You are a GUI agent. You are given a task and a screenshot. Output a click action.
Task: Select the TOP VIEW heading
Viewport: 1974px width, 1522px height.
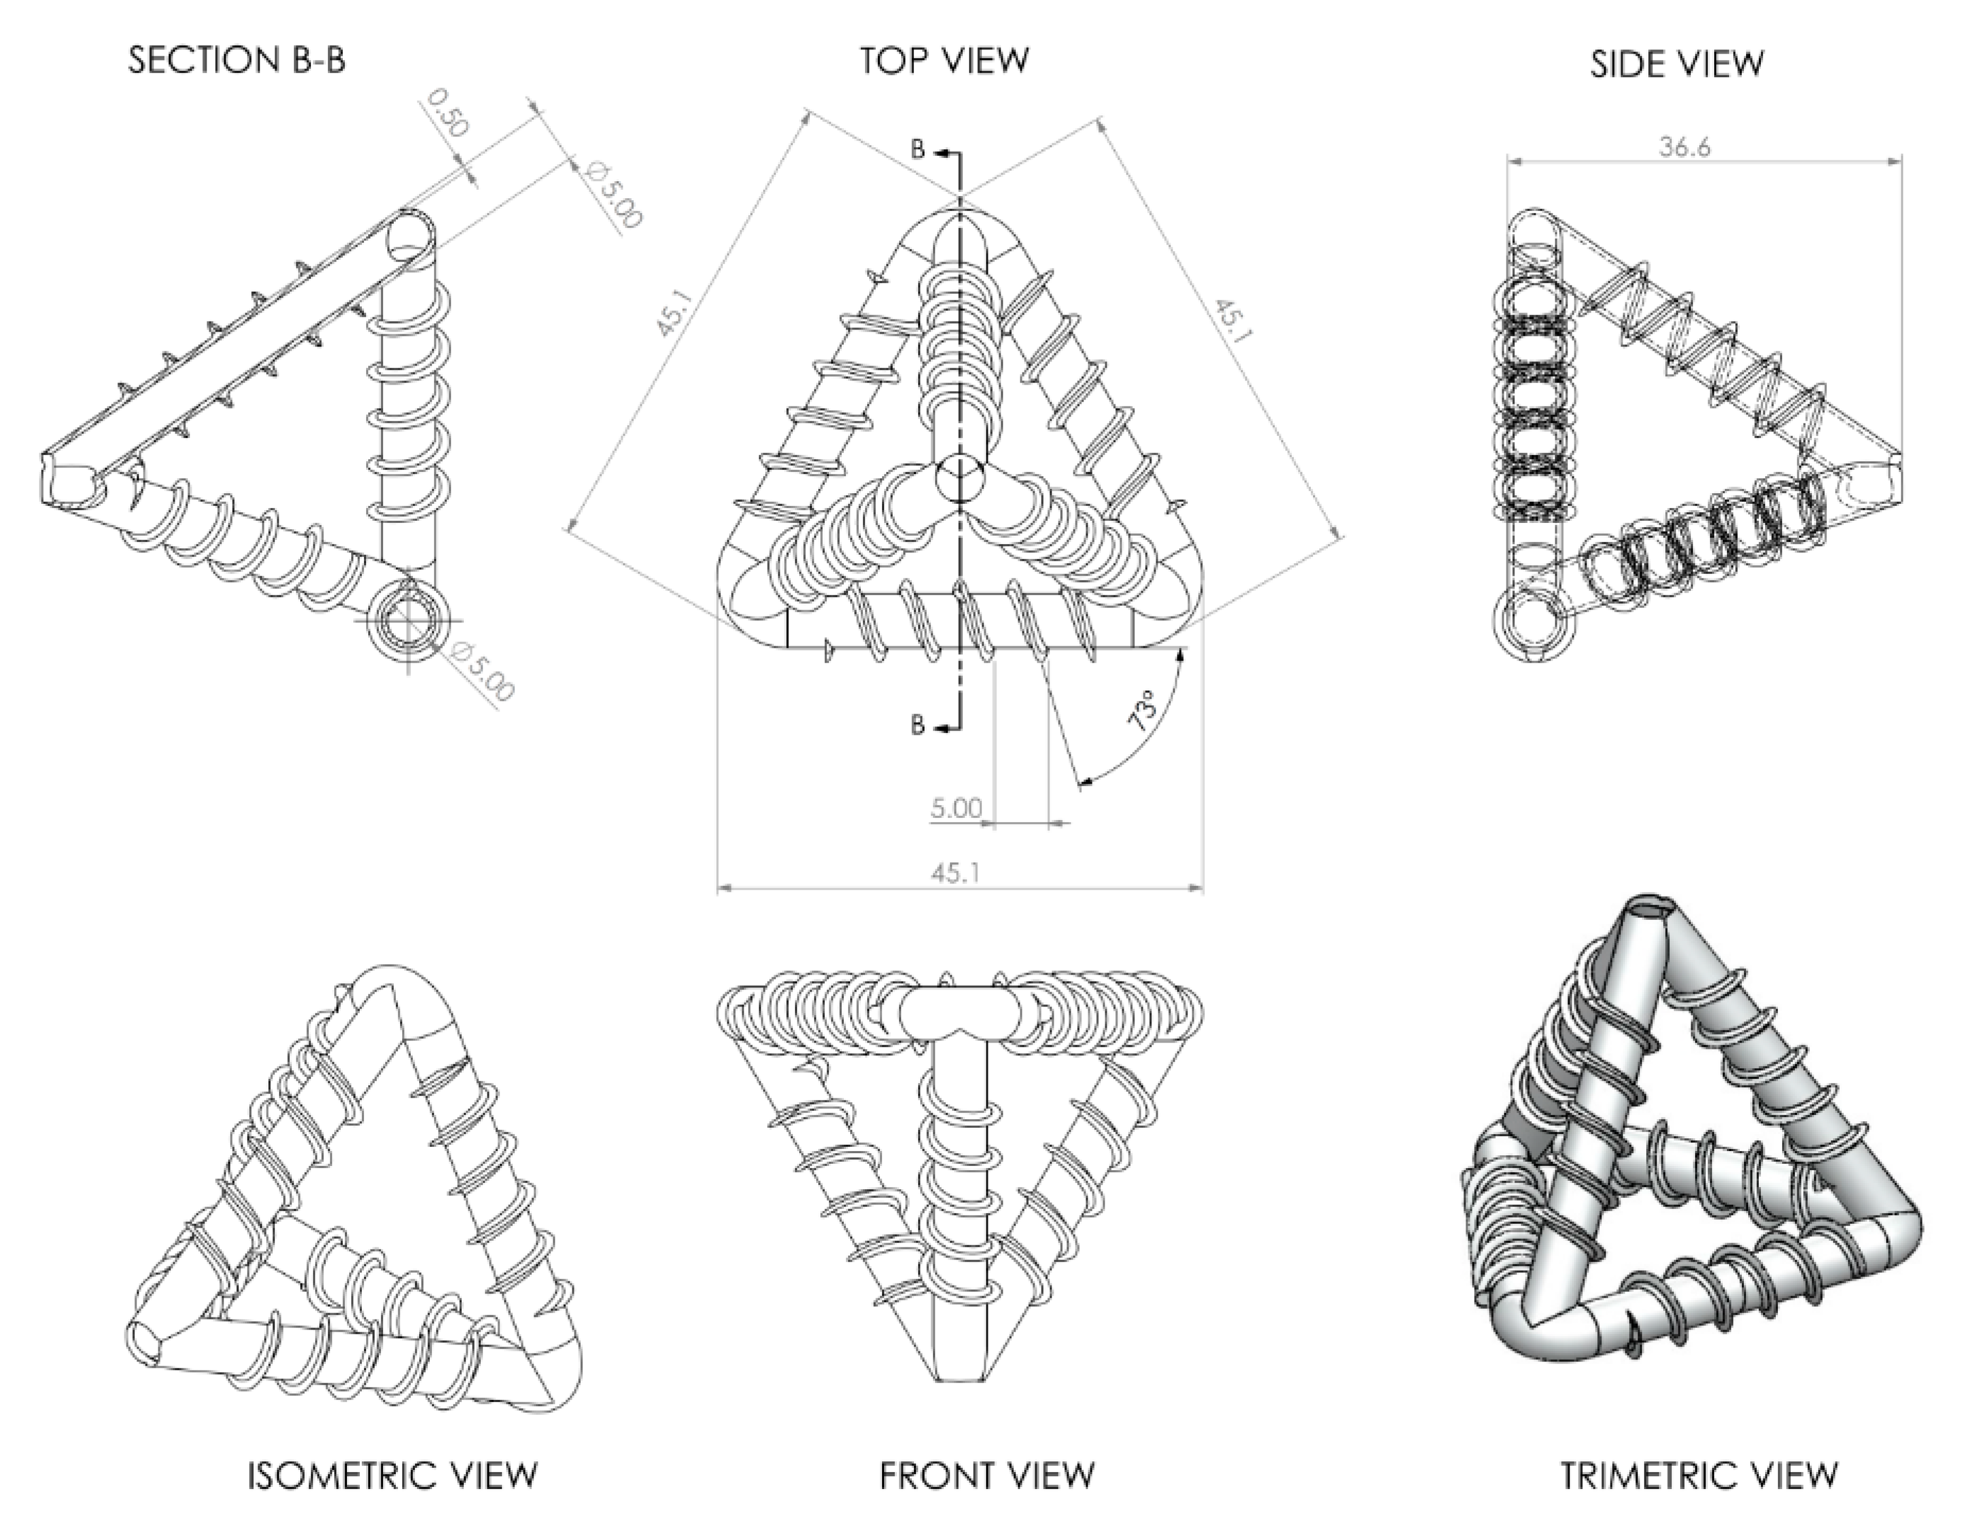click(944, 61)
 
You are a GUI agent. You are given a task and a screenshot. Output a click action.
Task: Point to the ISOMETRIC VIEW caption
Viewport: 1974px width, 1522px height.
click(392, 1475)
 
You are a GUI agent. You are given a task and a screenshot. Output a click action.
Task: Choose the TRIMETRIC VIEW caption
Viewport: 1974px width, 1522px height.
click(1699, 1475)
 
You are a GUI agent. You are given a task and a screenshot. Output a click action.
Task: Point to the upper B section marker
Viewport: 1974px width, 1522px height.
click(918, 150)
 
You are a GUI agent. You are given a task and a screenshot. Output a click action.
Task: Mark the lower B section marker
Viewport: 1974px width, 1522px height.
click(918, 725)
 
